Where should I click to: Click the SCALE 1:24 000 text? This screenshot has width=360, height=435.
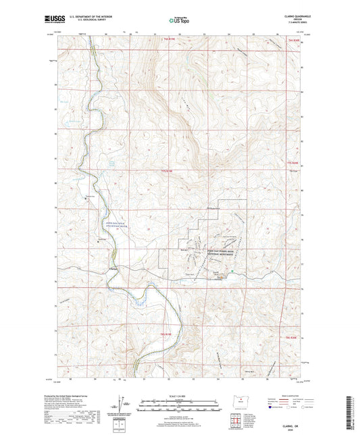[180, 396]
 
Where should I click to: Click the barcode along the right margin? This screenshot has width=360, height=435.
[353, 405]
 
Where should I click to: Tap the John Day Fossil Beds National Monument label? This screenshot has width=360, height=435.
[218, 251]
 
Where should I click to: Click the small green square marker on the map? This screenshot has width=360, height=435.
[233, 272]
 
